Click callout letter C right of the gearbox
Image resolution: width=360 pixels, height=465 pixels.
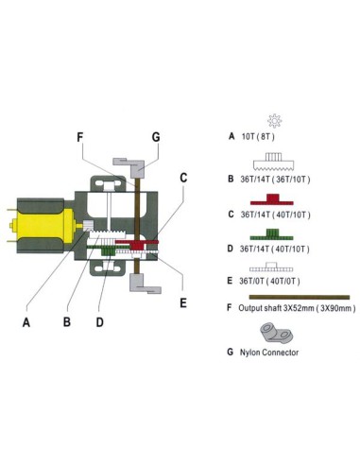click(x=183, y=178)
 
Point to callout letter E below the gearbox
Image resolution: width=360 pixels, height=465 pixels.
click(x=183, y=303)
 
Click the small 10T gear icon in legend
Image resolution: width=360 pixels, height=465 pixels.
click(x=275, y=120)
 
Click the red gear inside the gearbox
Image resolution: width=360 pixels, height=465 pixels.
click(x=139, y=244)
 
